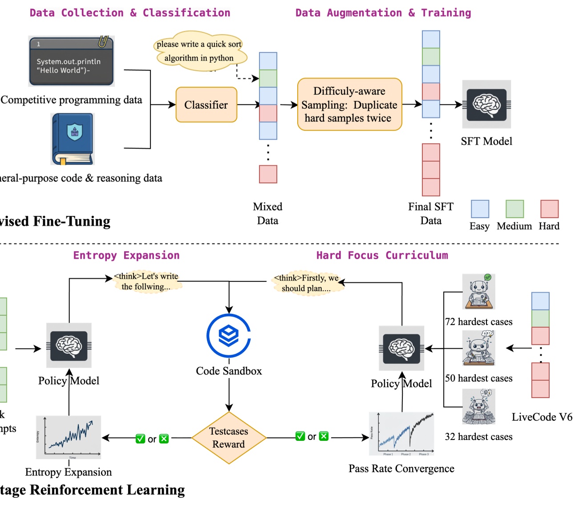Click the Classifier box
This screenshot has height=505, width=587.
[x=206, y=105]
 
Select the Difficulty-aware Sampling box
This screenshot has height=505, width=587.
[x=349, y=105]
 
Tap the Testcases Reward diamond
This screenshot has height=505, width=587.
[x=229, y=438]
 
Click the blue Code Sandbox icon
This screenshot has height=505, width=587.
[x=229, y=336]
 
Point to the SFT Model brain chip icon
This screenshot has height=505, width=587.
[x=486, y=105]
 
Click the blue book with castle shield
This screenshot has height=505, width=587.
[x=73, y=139]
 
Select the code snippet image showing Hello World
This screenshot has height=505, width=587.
[x=71, y=61]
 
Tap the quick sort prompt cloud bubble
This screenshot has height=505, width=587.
[x=199, y=51]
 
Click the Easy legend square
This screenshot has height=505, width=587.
[x=480, y=209]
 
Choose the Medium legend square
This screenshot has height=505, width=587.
[x=514, y=209]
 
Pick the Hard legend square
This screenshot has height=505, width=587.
[x=549, y=209]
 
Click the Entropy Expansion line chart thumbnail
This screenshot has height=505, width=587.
[x=69, y=437]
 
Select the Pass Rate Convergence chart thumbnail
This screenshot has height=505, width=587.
[x=401, y=434]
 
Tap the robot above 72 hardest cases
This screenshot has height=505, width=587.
[x=479, y=292]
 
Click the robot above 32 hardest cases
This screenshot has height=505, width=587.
[x=479, y=407]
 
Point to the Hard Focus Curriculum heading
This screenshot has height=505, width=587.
[x=382, y=255]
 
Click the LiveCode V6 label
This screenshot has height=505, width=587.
[x=542, y=417]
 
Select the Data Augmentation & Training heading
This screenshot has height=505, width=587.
[x=383, y=13]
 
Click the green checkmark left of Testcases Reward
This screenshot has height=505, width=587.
[x=140, y=439]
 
